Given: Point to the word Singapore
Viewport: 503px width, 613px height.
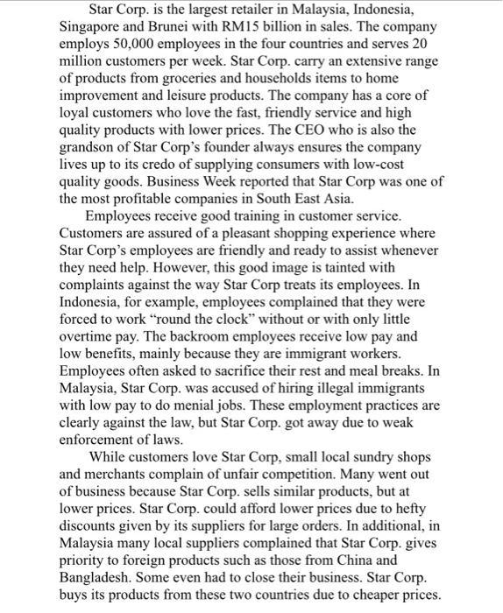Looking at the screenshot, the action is (92, 26).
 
